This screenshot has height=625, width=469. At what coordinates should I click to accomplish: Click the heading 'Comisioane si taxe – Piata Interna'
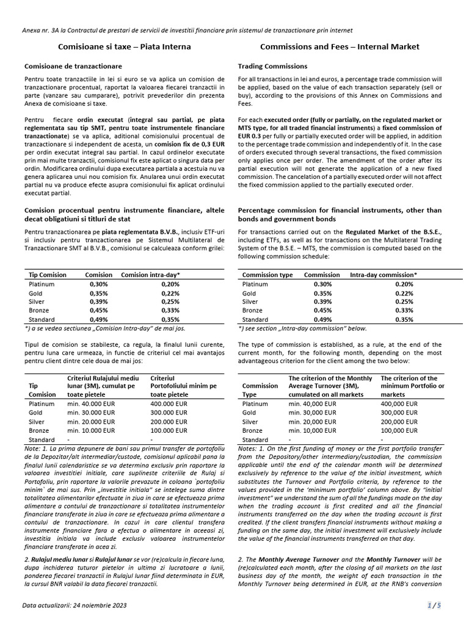coord(124,46)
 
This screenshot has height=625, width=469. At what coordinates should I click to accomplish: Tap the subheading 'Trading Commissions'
coord(272,66)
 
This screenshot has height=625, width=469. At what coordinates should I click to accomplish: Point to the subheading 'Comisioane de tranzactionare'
coord(73,66)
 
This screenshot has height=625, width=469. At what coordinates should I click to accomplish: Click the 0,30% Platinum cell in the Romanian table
coord(98,284)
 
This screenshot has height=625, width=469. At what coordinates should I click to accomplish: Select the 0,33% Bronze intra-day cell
coord(171,310)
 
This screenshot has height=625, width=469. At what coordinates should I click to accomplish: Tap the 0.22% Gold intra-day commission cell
coord(404,293)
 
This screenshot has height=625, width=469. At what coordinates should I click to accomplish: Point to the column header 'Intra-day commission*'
coord(384,275)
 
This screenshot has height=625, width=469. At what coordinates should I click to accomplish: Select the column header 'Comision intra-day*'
coord(151,275)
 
